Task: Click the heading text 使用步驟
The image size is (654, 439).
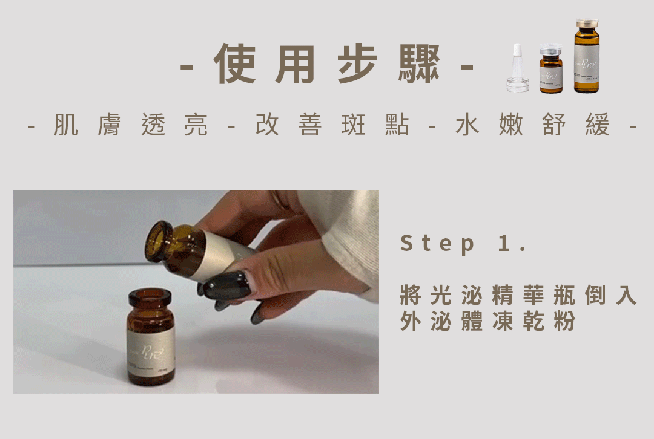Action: pyautogui.click(x=327, y=65)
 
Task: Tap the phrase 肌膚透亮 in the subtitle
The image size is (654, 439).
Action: pyautogui.click(x=131, y=125)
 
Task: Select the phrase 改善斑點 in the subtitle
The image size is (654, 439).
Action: pyautogui.click(x=331, y=125)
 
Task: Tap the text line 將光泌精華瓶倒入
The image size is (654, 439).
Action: pyautogui.click(x=518, y=296)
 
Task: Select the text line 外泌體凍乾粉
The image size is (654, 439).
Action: pyautogui.click(x=487, y=322)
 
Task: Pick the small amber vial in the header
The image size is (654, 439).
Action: pyautogui.click(x=551, y=70)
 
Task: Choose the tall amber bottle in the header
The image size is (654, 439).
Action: pyautogui.click(x=586, y=57)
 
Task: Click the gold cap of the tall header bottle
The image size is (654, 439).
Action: pyautogui.click(x=586, y=24)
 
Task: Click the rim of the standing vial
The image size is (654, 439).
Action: pyautogui.click(x=150, y=296)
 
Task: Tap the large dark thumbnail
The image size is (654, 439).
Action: pyautogui.click(x=226, y=285)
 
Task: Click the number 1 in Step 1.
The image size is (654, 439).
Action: pyautogui.click(x=502, y=244)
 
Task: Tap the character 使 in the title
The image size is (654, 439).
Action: pyautogui.click(x=234, y=65)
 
